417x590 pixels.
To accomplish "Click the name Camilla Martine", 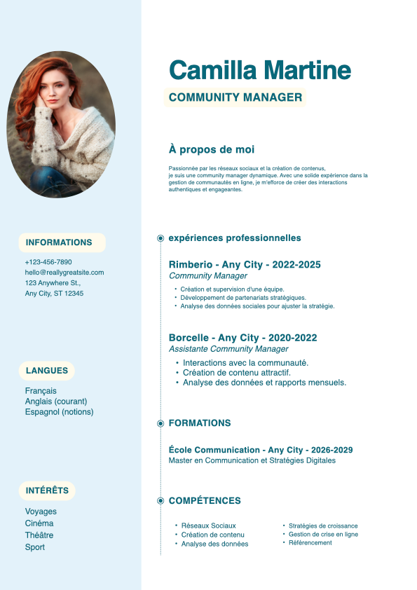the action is pyautogui.click(x=260, y=70).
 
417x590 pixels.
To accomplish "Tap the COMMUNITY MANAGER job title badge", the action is pyautogui.click(x=235, y=97).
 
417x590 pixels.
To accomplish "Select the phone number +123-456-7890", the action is pyautogui.click(x=48, y=262).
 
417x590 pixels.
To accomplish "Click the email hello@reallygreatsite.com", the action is pyautogui.click(x=64, y=273).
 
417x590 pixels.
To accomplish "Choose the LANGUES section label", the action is pyautogui.click(x=47, y=371).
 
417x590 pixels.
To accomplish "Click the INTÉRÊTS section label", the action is pyautogui.click(x=47, y=490).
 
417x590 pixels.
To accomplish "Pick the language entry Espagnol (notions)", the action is pyautogui.click(x=59, y=412).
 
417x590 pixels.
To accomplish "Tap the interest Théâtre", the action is pyautogui.click(x=39, y=535).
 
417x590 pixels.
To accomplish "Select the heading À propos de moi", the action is pyautogui.click(x=212, y=149).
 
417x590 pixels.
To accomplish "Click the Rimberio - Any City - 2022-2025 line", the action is pyautogui.click(x=245, y=264).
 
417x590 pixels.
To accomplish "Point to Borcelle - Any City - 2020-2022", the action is pyautogui.click(x=242, y=338).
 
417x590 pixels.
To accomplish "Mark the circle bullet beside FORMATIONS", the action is pyautogui.click(x=160, y=423).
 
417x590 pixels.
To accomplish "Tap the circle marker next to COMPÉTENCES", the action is pyautogui.click(x=160, y=501).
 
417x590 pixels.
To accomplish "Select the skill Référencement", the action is pyautogui.click(x=310, y=543).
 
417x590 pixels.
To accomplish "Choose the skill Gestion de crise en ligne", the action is pyautogui.click(x=323, y=535).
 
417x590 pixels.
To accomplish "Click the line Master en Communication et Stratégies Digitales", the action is pyautogui.click(x=252, y=460).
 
